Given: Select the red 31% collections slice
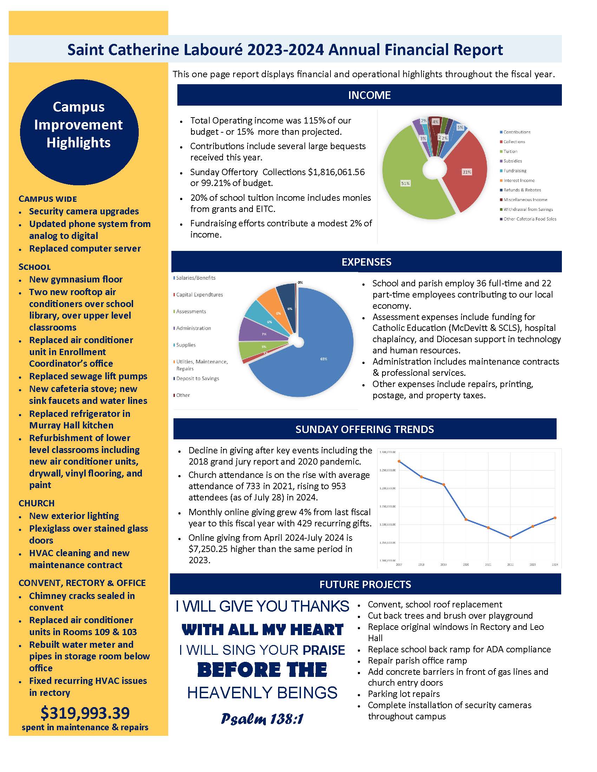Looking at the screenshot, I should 465,173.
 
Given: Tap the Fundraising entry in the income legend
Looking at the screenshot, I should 514,171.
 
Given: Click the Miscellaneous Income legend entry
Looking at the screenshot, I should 525,200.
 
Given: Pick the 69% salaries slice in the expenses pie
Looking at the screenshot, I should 318,360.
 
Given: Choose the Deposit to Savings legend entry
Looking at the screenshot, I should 197,379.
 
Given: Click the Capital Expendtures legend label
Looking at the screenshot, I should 199,295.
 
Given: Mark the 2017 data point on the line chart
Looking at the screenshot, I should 399,461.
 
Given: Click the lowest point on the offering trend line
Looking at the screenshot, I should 510,538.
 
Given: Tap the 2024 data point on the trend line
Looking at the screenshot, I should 555,518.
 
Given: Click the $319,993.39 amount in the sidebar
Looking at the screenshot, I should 85,713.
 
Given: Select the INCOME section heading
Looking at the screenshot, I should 369,95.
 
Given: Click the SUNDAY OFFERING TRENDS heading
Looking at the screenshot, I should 364,429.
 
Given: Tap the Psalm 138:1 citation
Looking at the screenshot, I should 262,719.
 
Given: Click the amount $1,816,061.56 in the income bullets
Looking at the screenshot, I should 336,172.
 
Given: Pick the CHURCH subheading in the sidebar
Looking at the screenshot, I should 37,503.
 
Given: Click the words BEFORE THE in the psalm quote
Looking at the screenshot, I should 262,670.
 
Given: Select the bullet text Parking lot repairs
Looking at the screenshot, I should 404,694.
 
